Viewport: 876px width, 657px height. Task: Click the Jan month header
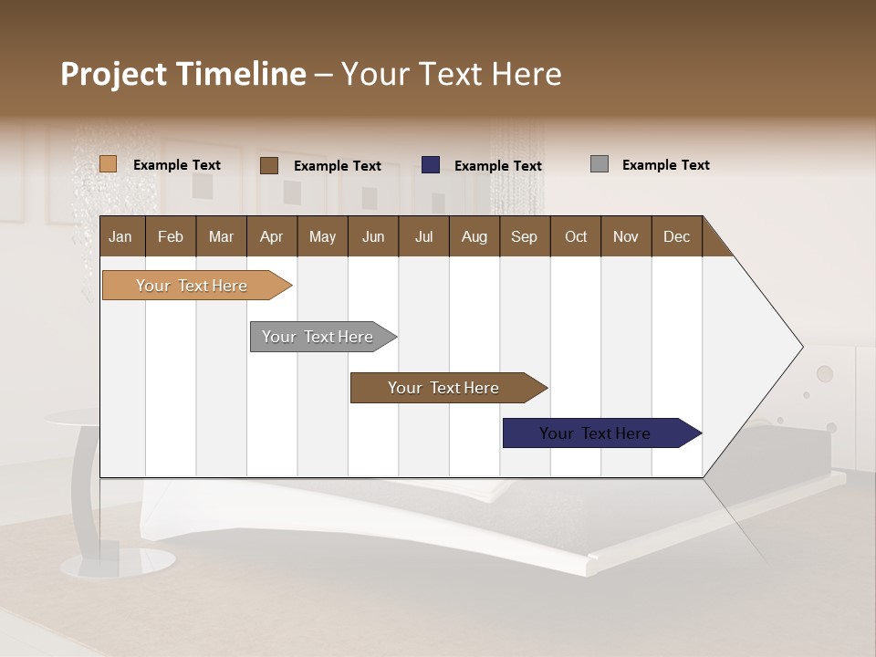121,236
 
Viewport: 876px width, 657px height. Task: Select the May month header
322,236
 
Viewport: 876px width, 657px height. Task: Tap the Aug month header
474,236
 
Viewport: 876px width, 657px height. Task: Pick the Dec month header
676,236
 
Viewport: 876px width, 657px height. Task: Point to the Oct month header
576,236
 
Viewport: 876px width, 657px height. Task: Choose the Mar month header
221,236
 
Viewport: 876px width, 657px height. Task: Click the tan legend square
108,164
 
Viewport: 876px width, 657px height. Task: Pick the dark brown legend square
268,165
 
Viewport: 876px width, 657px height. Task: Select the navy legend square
431,165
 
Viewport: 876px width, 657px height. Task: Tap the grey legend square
600,164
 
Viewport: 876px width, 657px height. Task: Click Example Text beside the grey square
665,165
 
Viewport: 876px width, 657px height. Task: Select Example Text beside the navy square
497,166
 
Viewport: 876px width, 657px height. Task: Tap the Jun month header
373,236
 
